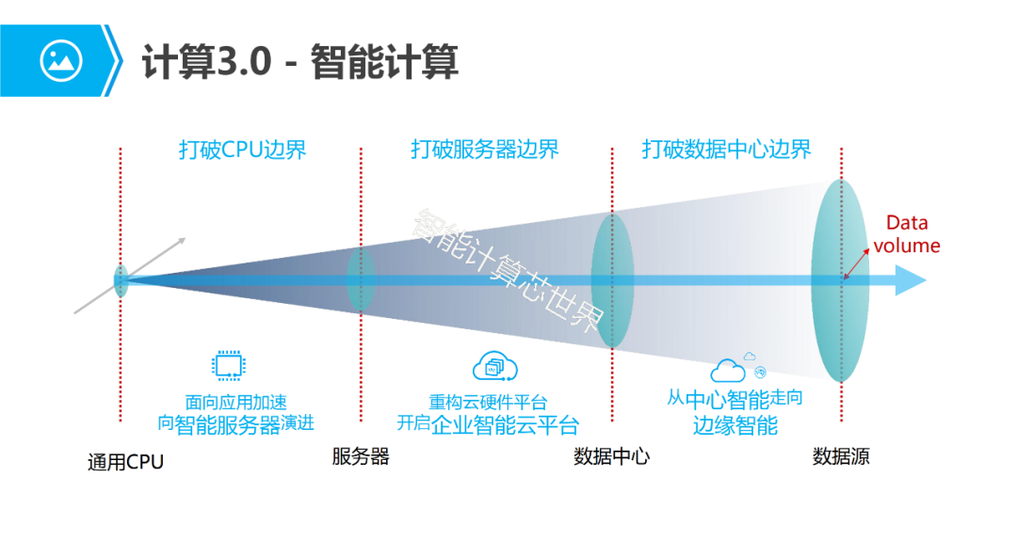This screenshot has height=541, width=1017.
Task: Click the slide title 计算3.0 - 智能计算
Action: coord(299,62)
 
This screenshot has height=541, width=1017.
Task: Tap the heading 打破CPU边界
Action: coord(242,150)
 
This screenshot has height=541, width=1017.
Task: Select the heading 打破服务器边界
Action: coord(484,150)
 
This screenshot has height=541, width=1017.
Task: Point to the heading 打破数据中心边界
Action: coord(726,150)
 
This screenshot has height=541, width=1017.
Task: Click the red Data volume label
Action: coord(907,234)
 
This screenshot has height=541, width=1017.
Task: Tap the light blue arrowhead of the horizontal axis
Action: coord(912,280)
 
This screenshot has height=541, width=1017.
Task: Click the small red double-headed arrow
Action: coord(857,264)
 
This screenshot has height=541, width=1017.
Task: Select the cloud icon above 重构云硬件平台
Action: coord(495,366)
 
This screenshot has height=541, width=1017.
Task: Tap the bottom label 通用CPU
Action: coord(125,461)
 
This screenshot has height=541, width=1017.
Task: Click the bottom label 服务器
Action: coord(361,457)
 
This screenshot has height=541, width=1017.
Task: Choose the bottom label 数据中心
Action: coord(611,457)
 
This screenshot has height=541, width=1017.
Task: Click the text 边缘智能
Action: coord(735,425)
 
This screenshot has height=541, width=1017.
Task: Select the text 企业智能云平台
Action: coord(505,424)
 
